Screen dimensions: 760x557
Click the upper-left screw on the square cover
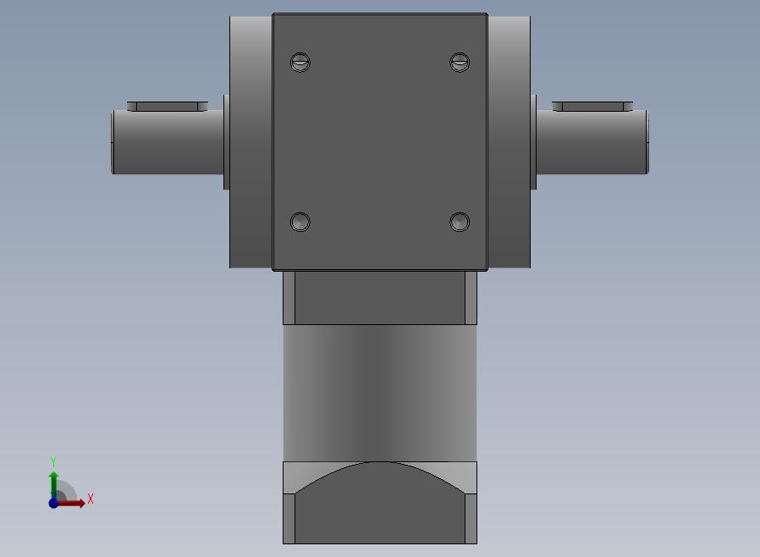click(300, 62)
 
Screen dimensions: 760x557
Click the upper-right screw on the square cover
click(460, 62)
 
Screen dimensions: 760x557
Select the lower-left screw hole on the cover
click(300, 222)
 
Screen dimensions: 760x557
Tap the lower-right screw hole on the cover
click(460, 222)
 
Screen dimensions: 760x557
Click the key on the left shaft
click(168, 106)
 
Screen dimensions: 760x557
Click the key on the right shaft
click(592, 106)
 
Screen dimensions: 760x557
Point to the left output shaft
click(168, 141)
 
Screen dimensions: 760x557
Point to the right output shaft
click(592, 141)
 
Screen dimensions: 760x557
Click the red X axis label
click(91, 499)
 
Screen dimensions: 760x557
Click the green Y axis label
click(53, 461)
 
